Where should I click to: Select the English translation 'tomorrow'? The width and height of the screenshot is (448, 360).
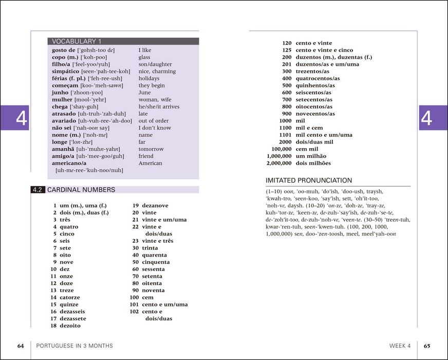click(151, 149)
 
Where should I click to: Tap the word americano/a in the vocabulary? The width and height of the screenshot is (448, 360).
click(69, 163)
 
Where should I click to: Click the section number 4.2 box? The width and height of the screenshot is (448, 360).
click(38, 190)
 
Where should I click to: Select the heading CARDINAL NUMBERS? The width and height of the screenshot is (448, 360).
click(81, 190)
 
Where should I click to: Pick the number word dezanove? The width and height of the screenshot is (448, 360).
click(155, 206)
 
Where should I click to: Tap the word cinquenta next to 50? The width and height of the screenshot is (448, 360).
click(156, 262)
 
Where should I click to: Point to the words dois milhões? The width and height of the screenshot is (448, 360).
click(313, 163)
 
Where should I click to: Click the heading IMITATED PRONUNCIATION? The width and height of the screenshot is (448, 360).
click(308, 181)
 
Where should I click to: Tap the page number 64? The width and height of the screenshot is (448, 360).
click(21, 346)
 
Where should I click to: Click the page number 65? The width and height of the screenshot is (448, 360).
click(427, 346)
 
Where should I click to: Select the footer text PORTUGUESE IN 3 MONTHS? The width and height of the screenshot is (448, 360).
click(74, 346)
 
